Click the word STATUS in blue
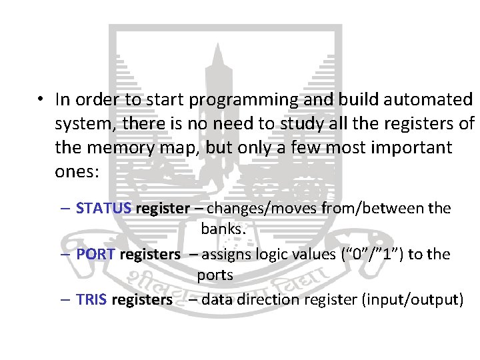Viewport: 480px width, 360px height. click(104, 208)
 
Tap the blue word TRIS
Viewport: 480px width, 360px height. click(92, 299)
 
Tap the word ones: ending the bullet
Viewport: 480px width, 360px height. click(77, 171)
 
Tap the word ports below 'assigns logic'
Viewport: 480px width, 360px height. click(215, 275)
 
